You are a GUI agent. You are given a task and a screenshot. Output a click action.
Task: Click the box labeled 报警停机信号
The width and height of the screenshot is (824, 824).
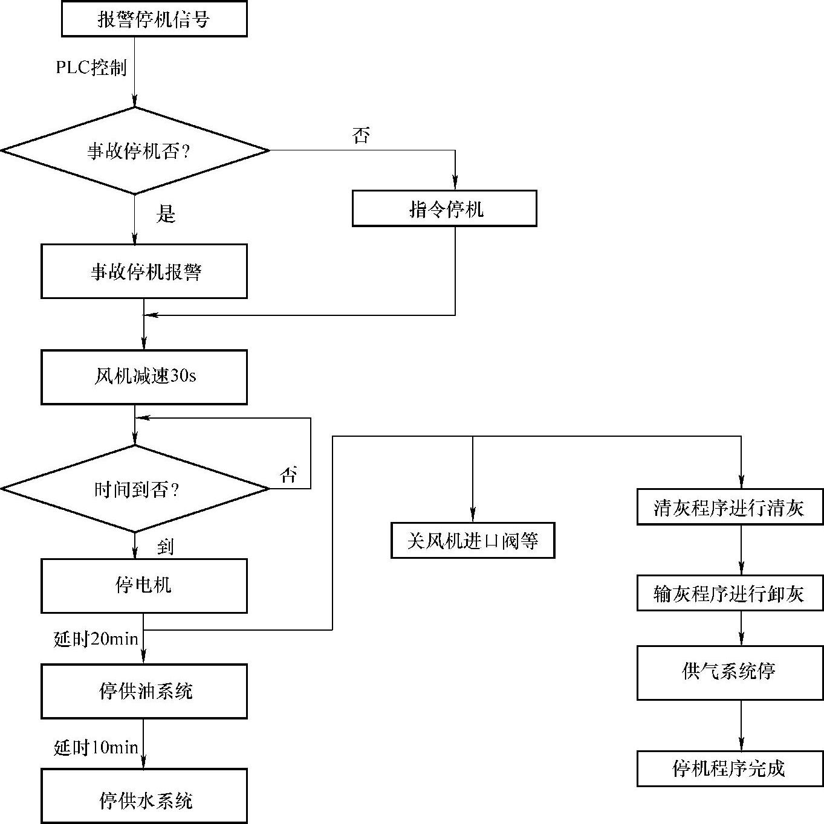click(154, 19)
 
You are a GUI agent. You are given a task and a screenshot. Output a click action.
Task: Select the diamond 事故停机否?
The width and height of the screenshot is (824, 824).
click(135, 151)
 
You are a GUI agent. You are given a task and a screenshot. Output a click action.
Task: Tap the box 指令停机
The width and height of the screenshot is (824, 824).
click(444, 209)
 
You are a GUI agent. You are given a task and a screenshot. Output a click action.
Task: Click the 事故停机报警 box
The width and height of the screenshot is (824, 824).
click(144, 271)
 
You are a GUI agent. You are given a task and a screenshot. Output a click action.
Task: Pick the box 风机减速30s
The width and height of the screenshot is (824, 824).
click(144, 377)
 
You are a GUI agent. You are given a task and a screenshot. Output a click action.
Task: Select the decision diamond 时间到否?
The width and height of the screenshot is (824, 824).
click(135, 489)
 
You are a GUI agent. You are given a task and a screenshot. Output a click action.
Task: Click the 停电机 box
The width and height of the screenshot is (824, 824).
click(144, 585)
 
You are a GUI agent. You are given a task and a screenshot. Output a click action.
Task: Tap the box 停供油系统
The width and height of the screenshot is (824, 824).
click(144, 691)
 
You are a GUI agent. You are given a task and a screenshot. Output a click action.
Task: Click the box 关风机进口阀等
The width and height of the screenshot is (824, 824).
click(472, 540)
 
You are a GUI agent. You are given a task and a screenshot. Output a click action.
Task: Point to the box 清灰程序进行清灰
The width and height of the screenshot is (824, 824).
click(730, 507)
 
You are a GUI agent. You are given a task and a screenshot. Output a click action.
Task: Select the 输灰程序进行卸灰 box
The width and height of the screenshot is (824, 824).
click(730, 593)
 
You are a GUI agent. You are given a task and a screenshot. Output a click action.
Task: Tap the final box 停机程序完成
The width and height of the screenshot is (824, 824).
click(730, 768)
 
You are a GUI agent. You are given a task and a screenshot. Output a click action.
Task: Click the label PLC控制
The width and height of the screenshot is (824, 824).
click(91, 67)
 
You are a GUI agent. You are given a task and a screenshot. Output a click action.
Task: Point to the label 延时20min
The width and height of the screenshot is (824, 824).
click(96, 639)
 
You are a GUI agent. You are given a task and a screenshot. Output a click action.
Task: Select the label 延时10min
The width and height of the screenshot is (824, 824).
click(96, 747)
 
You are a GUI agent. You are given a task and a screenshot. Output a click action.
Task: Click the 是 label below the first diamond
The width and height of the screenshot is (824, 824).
click(166, 214)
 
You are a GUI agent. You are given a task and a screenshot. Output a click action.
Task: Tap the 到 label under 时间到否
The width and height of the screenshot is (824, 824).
click(166, 547)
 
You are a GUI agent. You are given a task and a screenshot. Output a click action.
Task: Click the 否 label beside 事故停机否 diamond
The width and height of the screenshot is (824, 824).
click(361, 135)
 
